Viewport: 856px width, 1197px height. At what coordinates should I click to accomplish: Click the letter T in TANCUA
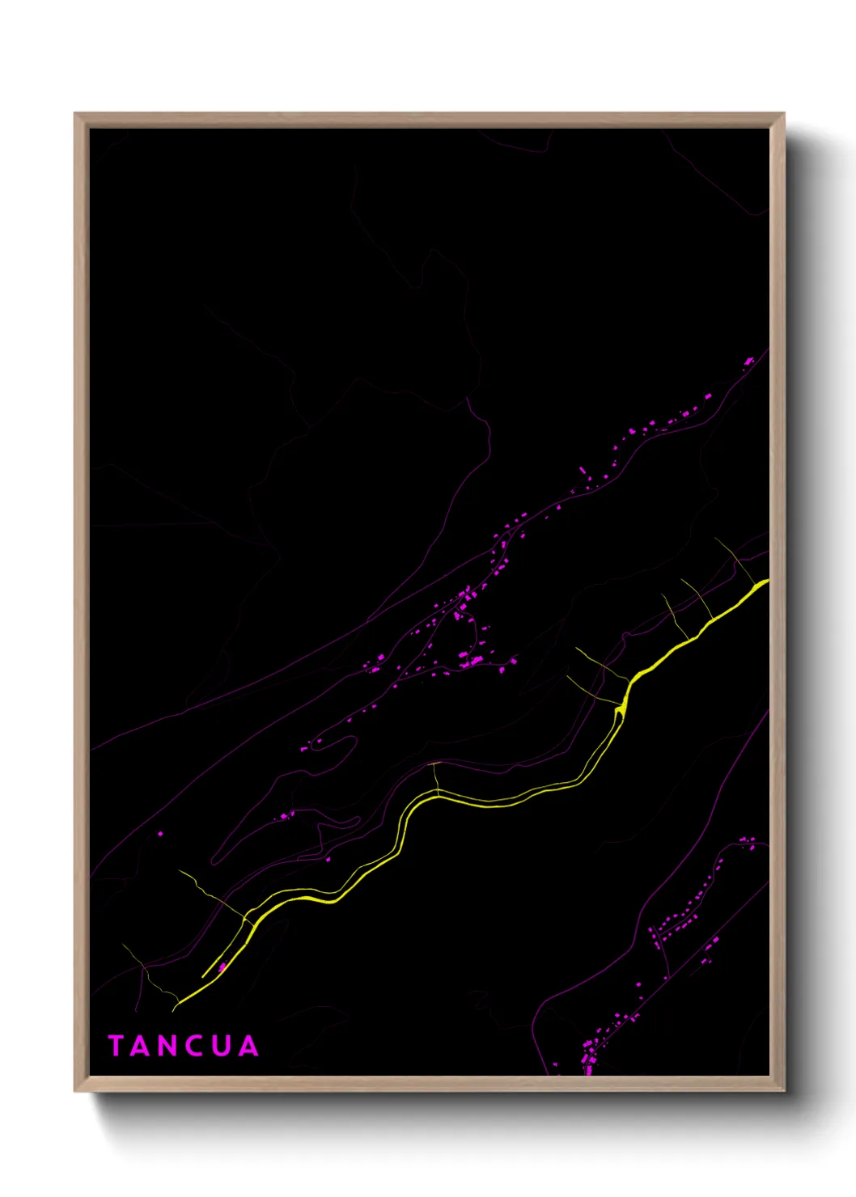pos(116,1046)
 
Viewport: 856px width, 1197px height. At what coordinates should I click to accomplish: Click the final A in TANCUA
pos(248,1046)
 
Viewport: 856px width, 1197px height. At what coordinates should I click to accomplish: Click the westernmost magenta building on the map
pos(159,833)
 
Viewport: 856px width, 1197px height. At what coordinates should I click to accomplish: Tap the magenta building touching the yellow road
pos(222,966)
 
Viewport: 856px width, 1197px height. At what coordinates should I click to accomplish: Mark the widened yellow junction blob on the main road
pos(621,710)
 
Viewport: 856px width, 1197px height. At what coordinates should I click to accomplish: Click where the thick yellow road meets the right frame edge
pos(765,582)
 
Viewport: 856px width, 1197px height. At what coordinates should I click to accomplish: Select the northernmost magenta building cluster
pos(749,361)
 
